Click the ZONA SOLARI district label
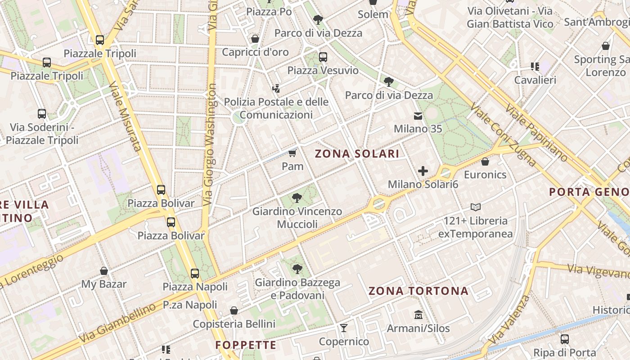357,154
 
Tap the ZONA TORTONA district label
418,291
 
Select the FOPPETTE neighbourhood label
246,345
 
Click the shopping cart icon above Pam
292,153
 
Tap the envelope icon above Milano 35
418,116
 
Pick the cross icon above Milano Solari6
423,171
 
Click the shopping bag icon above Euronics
485,162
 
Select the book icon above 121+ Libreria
476,207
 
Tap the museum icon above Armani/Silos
418,315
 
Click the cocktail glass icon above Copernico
344,328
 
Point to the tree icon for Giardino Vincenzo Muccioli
297,198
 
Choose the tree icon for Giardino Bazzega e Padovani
297,269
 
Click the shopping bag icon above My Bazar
104,271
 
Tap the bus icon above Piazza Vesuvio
323,57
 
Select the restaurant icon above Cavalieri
535,67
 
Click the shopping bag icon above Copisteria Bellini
234,310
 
